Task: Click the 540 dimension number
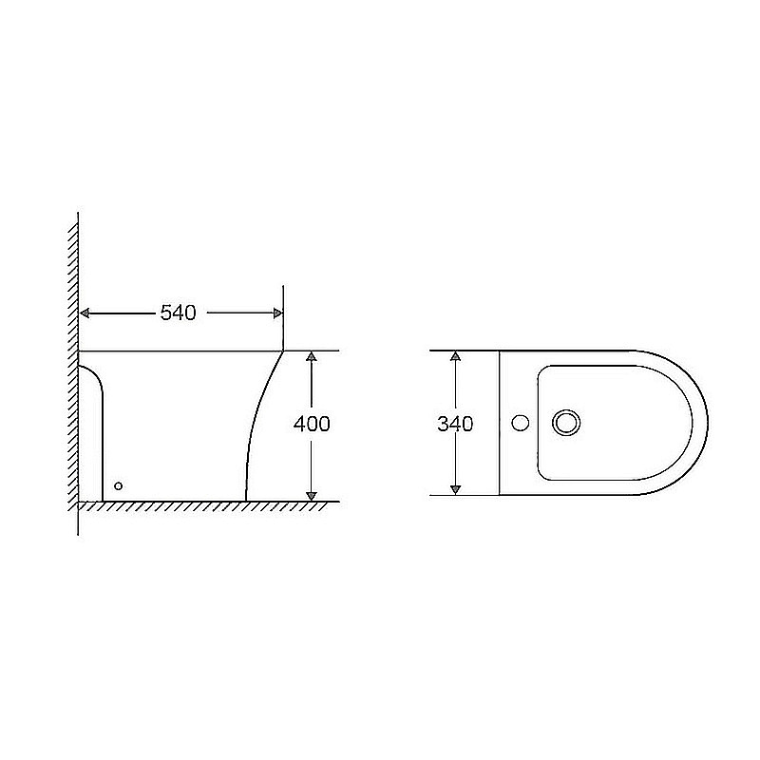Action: click(178, 313)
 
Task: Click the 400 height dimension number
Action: click(312, 425)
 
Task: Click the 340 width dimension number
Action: click(455, 424)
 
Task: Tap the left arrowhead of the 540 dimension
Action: click(85, 313)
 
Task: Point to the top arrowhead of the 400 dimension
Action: click(311, 357)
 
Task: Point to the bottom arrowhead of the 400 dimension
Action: click(311, 493)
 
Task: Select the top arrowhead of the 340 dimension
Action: click(455, 357)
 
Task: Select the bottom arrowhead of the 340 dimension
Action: click(455, 488)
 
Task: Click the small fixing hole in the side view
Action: click(118, 486)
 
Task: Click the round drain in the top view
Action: click(567, 423)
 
